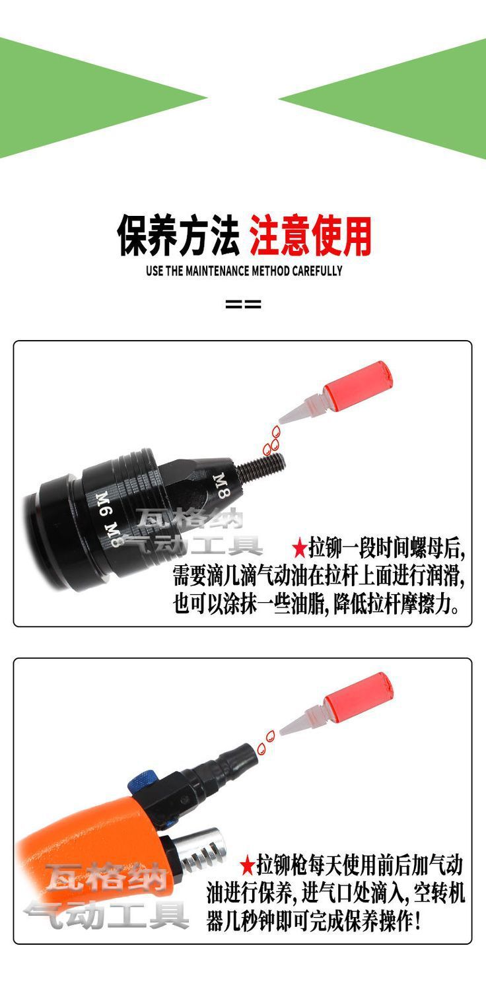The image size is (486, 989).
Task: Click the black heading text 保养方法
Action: coord(178,236)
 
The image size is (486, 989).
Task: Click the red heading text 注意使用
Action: coord(310,236)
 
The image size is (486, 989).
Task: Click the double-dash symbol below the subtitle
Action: coord(243,304)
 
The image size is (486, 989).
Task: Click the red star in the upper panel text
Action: coord(299,548)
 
